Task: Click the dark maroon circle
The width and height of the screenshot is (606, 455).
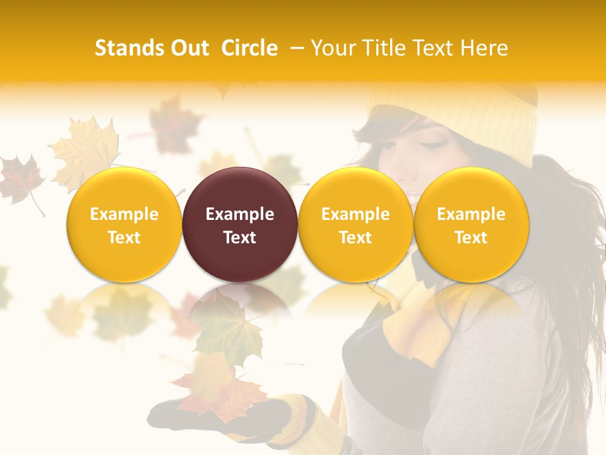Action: pos(240,224)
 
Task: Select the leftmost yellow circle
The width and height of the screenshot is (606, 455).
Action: pos(124,224)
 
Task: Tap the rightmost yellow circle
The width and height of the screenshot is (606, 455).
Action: pos(471,224)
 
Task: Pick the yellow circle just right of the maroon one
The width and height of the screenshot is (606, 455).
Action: pos(355,224)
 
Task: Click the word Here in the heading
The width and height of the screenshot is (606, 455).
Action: pos(484,48)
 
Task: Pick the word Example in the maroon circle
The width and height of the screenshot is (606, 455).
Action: pos(240,214)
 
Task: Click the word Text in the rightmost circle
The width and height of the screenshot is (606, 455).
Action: pos(471,238)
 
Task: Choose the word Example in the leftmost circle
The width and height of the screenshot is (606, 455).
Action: pos(124,214)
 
